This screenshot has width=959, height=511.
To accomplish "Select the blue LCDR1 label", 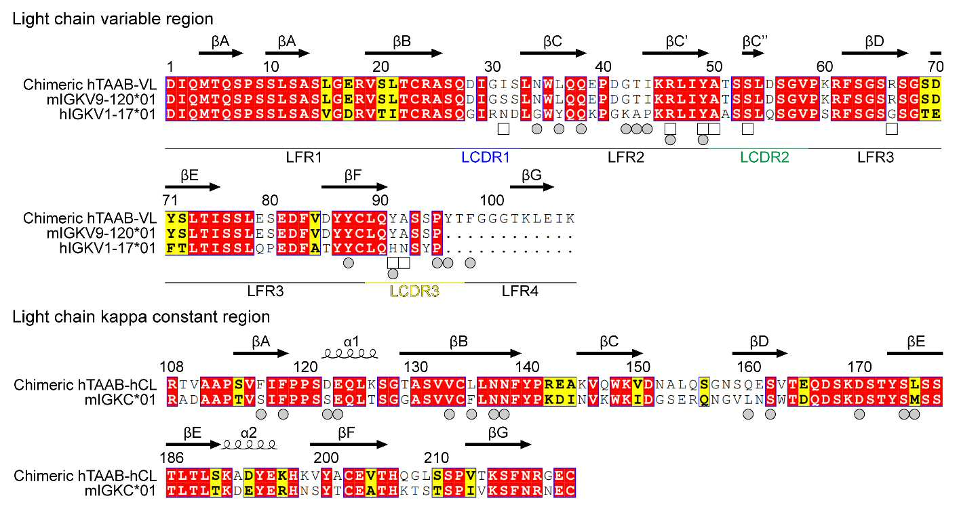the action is click(x=486, y=157).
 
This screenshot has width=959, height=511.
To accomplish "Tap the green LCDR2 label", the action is click(x=764, y=157).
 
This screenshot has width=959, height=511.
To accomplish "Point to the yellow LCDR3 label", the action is click(x=414, y=291).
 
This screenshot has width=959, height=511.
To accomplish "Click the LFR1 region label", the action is click(x=304, y=157).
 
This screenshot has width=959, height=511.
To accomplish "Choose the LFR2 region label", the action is click(x=626, y=157).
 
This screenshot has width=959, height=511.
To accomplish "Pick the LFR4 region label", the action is click(x=520, y=291).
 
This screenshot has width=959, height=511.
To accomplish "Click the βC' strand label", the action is click(x=676, y=41).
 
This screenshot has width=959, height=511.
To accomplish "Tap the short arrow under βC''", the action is click(x=753, y=54).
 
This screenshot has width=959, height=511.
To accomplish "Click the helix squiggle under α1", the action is click(x=350, y=354).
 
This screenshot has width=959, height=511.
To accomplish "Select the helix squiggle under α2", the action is click(x=249, y=445).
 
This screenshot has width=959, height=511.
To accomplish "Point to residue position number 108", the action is click(x=172, y=367).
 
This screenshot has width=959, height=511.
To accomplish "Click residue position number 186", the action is click(x=172, y=458).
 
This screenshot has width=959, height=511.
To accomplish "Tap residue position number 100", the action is click(x=492, y=201).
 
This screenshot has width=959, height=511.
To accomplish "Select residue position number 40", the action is click(x=603, y=67).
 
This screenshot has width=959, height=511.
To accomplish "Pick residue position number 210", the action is click(x=436, y=458).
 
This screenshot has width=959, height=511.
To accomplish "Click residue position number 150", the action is click(x=638, y=367).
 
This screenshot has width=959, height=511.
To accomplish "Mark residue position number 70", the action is click(x=935, y=67).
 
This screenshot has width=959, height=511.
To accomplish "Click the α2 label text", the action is click(x=248, y=432).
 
